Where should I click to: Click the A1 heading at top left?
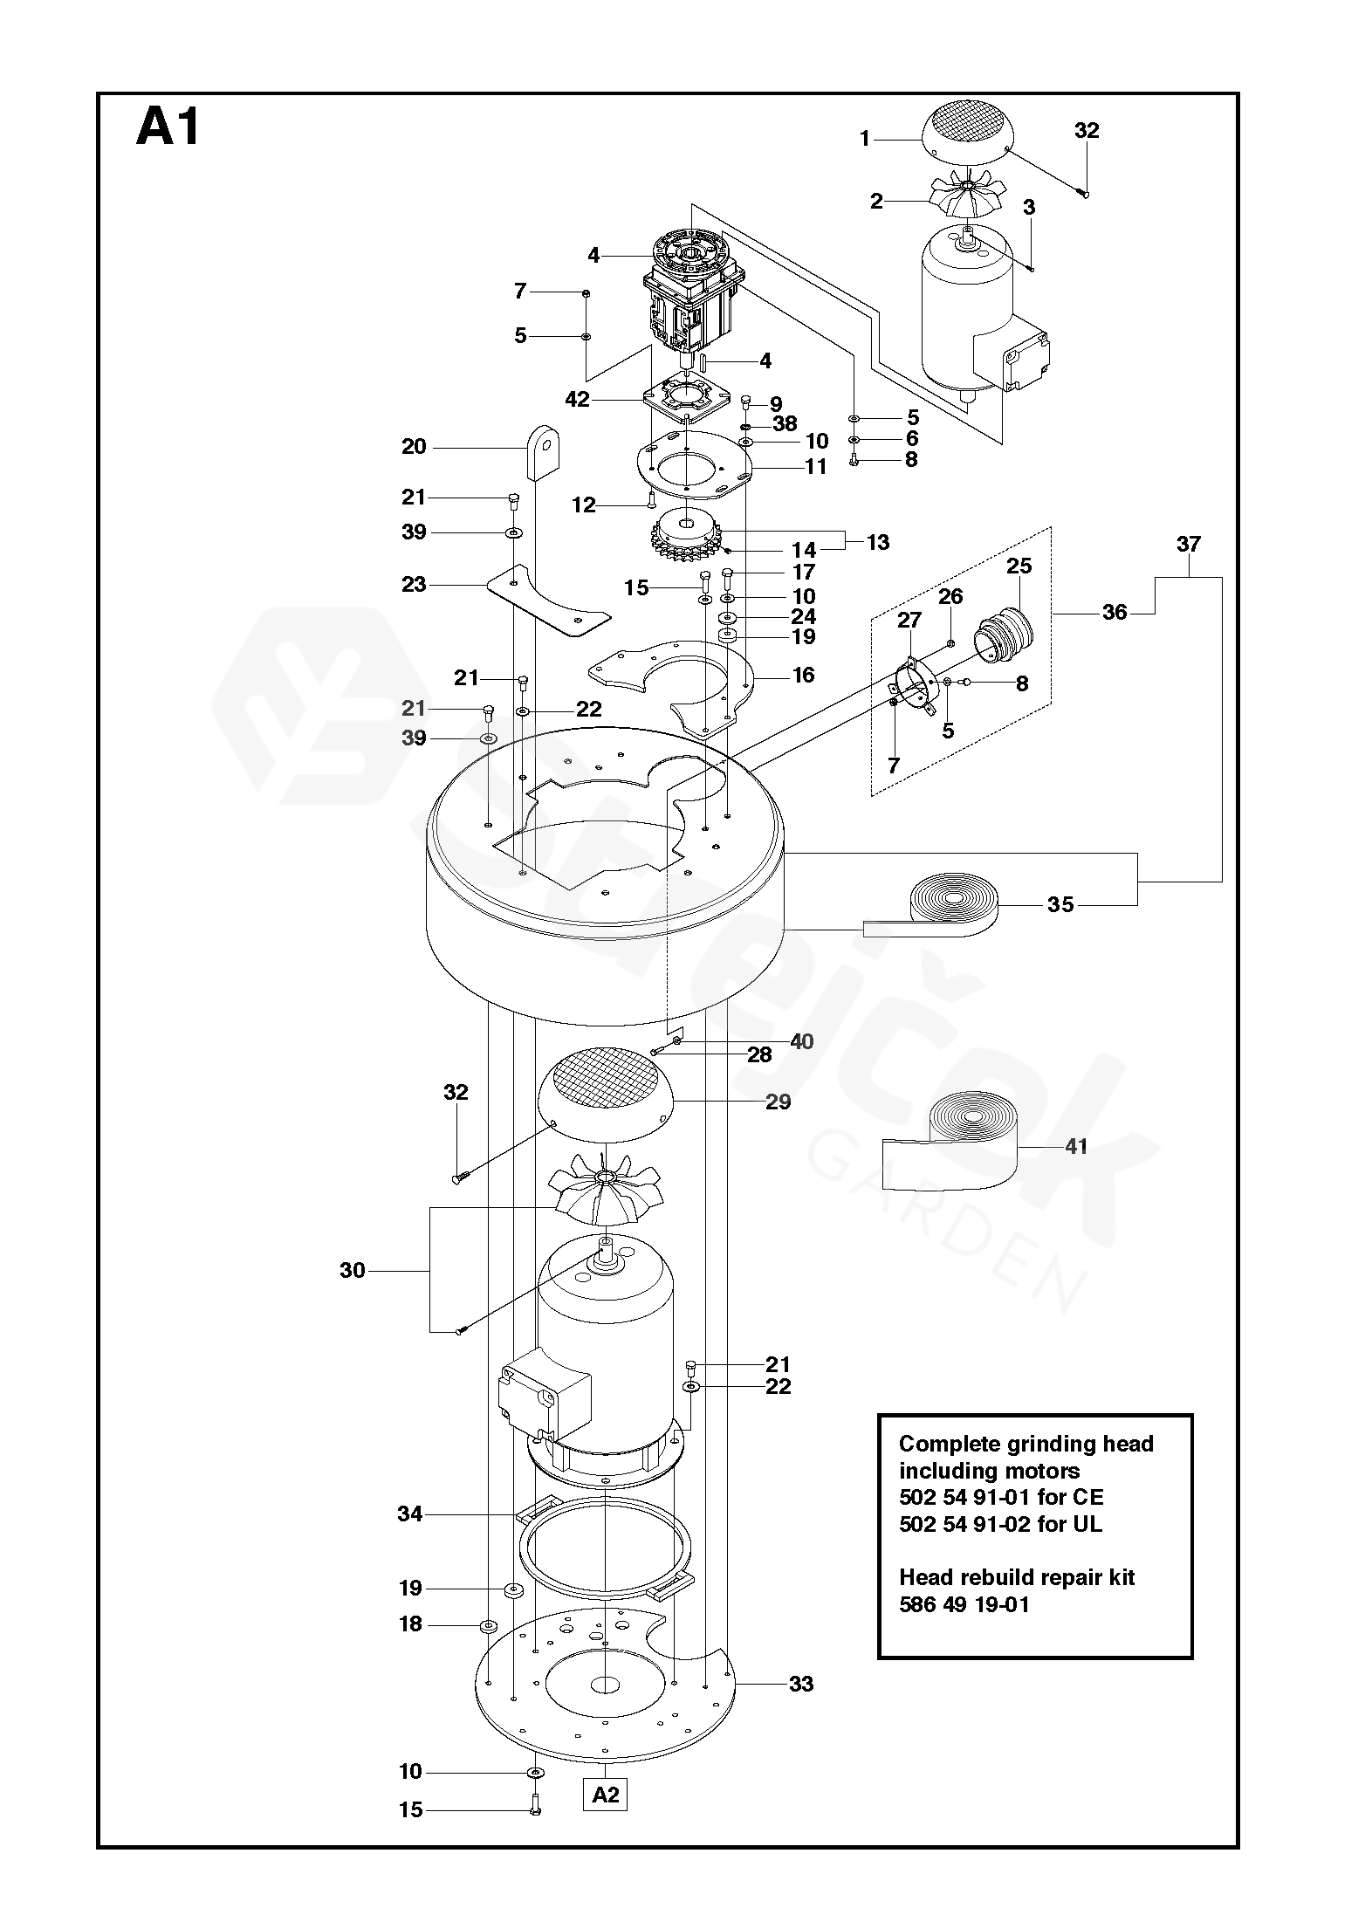(168, 127)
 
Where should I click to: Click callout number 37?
(1188, 544)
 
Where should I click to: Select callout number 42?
(578, 400)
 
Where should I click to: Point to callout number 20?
(414, 447)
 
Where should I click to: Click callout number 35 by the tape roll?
(1060, 904)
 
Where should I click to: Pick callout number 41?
(1076, 1146)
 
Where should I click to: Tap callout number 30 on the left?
(352, 1270)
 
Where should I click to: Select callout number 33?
(800, 1684)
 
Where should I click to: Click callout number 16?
(803, 675)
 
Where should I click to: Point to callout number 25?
(1019, 566)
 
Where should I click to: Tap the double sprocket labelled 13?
(688, 537)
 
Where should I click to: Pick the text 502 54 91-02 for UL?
(1000, 1524)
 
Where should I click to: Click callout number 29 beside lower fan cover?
(778, 1102)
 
